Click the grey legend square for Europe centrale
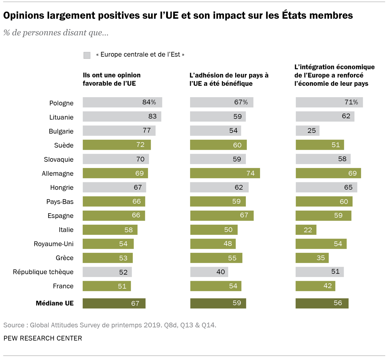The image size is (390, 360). point(87,55)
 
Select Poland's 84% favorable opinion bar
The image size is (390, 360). point(122,102)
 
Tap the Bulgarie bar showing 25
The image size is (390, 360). point(307,131)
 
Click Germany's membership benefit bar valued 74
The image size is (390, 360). point(225,173)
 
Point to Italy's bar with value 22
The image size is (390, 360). point(306,230)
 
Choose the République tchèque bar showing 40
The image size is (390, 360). point(209,272)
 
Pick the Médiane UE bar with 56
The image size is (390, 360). point(322,303)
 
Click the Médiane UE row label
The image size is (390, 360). point(55,303)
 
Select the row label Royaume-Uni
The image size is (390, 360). point(54,244)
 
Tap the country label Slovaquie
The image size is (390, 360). point(59,159)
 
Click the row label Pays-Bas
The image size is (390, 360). point(60,202)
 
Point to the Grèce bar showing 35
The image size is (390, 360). point(312,258)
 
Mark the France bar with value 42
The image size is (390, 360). point(315,286)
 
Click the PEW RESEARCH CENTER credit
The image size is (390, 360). point(43,338)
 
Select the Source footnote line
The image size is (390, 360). point(110,325)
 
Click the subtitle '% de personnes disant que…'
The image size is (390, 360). point(56,33)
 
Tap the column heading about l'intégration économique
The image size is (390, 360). point(334,75)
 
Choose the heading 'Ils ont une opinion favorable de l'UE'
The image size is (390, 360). point(111,79)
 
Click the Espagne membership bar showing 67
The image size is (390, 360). point(222,215)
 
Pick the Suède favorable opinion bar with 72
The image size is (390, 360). point(117,145)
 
